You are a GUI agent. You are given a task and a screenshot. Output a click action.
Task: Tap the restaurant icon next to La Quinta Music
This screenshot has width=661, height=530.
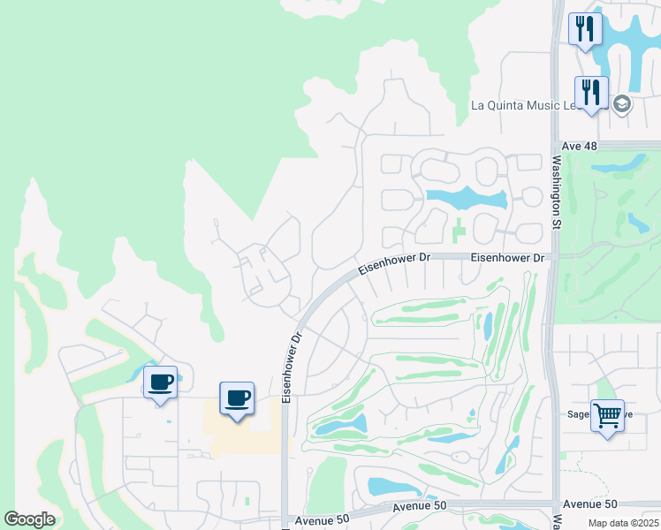(x=590, y=92)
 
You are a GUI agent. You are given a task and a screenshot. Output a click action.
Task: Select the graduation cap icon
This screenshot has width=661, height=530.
(x=621, y=105)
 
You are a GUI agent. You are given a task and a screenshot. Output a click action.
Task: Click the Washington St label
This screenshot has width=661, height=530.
(x=557, y=193)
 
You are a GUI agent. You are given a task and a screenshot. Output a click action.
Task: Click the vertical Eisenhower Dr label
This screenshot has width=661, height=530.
(x=287, y=365)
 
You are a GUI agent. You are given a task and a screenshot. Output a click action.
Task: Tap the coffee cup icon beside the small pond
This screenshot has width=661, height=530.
(x=160, y=382)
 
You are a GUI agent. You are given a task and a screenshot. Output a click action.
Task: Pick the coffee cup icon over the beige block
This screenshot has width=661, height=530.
(x=237, y=397)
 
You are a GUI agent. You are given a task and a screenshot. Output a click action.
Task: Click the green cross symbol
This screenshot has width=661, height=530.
(x=458, y=234)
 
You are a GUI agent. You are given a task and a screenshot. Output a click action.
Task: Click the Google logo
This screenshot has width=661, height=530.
(x=29, y=519)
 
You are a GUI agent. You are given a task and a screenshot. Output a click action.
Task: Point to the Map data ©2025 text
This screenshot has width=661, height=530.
(x=623, y=523)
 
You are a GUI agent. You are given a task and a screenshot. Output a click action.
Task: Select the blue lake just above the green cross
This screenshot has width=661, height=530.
(x=466, y=198)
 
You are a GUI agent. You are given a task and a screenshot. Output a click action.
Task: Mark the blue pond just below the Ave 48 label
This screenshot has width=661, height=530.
(x=619, y=163)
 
